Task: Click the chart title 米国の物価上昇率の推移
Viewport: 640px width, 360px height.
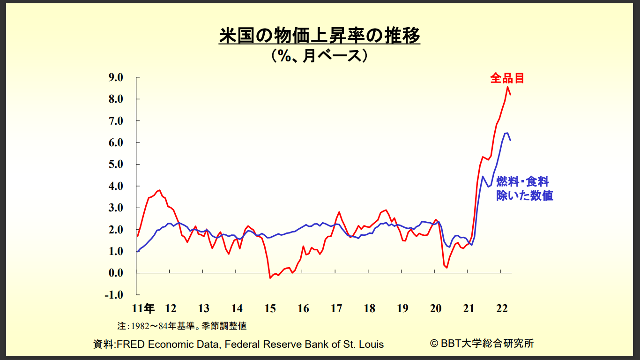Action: (320, 36)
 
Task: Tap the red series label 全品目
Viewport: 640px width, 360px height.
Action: (507, 78)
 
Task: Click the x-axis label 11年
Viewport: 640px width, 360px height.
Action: (143, 308)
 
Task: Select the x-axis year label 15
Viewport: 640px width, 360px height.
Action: (270, 308)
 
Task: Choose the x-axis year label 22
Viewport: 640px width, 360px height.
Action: (502, 308)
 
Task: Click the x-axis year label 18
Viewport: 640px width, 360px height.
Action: (369, 308)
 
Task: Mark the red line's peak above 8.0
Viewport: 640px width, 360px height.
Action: (507, 87)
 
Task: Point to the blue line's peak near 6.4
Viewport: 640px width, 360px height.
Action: (506, 133)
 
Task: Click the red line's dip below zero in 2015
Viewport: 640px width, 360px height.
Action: (270, 278)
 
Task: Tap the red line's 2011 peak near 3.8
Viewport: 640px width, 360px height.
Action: (160, 190)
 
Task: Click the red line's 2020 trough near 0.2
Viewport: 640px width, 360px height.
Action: (447, 268)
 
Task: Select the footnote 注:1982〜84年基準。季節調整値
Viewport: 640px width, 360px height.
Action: (182, 325)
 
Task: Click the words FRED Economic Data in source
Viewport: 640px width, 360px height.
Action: (168, 344)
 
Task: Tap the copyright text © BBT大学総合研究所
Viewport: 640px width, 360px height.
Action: (482, 343)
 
